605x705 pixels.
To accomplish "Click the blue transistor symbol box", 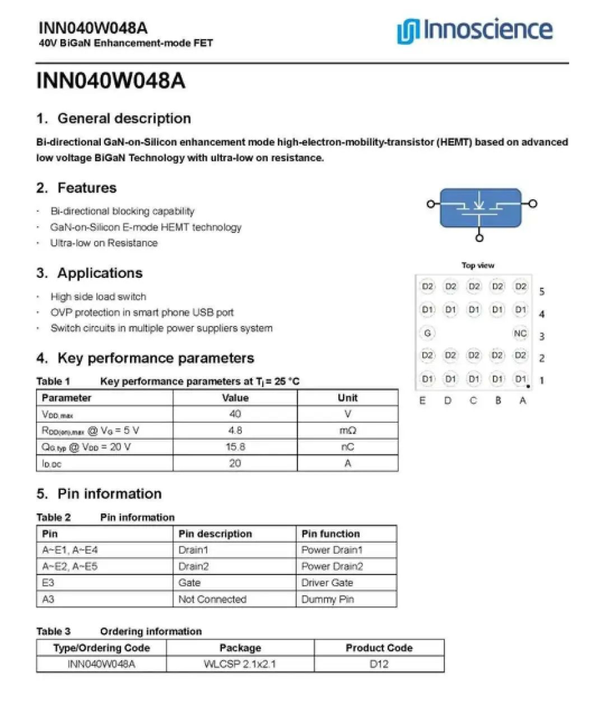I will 480,207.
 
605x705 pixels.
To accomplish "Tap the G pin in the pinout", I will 428,332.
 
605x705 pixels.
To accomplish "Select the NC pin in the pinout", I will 520,332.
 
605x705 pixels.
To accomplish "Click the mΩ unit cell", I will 347,430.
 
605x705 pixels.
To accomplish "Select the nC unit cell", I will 347,447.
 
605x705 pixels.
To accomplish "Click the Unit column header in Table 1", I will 347,398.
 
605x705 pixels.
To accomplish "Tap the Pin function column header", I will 330,534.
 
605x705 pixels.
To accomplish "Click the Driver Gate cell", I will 327,583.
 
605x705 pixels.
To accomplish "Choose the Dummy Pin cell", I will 327,599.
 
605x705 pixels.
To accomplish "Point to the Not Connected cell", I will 212,599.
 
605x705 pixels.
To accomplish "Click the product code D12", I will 379,664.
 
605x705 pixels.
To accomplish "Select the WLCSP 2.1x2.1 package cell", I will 240,664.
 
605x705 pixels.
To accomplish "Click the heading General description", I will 124,118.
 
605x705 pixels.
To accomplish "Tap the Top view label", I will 478,265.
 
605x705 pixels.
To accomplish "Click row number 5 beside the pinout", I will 542,292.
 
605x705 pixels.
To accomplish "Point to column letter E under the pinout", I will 422,401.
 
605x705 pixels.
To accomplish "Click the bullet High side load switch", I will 98,297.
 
